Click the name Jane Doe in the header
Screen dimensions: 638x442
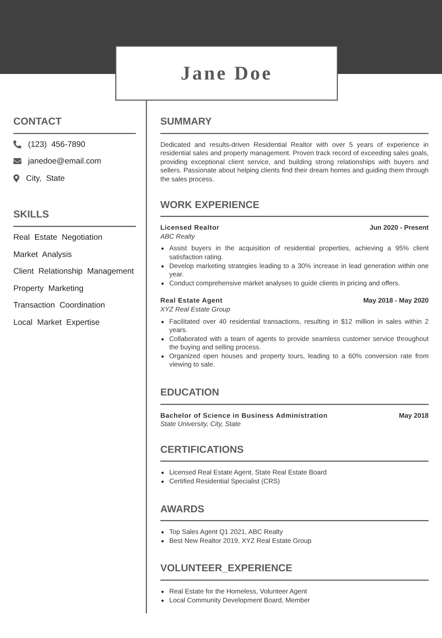(x=226, y=73)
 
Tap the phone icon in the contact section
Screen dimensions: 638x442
(x=17, y=144)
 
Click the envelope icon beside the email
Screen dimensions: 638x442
(x=17, y=161)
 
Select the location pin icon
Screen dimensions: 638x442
(x=17, y=178)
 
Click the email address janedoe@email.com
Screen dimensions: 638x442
(x=64, y=161)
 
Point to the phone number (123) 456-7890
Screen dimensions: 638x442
(x=56, y=144)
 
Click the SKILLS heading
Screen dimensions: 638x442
(x=31, y=214)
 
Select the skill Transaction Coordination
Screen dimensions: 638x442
(x=59, y=305)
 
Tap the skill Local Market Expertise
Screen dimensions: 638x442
(x=56, y=322)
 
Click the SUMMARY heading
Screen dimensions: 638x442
(x=186, y=121)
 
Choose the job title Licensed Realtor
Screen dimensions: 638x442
(x=190, y=227)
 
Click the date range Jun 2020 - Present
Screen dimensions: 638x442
(x=399, y=227)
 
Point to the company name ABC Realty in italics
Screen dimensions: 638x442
(x=177, y=236)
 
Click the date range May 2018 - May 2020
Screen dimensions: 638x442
(x=396, y=300)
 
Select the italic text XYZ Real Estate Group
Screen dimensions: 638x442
(x=195, y=309)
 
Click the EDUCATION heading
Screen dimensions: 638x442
(x=190, y=392)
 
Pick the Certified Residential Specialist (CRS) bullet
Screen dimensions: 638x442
(x=224, y=481)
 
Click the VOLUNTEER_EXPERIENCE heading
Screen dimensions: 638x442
(x=226, y=568)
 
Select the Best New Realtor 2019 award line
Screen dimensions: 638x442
(x=240, y=541)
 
